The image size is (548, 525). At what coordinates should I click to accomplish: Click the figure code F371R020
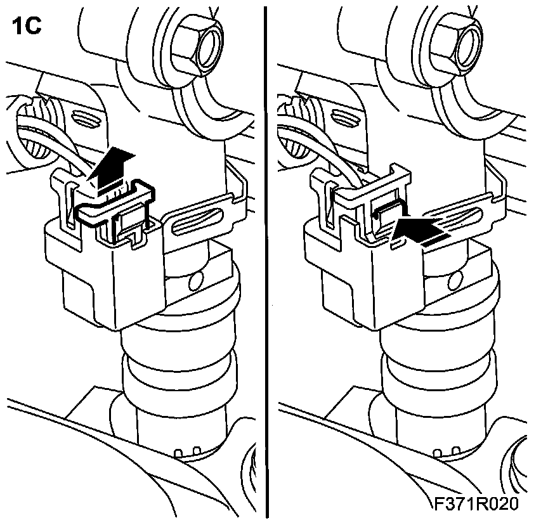tap(477, 504)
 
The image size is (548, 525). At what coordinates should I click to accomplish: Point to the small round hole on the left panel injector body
tap(196, 278)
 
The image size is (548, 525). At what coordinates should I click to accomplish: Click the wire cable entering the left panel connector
tap(48, 136)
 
